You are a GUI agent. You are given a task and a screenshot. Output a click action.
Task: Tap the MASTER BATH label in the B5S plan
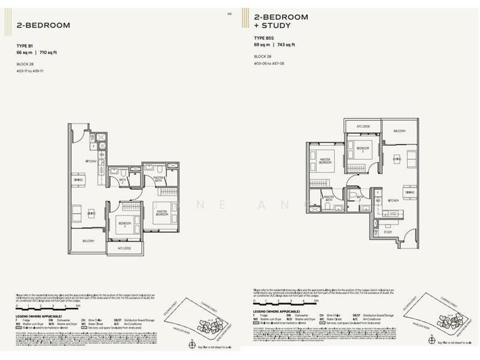click(328, 197)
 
